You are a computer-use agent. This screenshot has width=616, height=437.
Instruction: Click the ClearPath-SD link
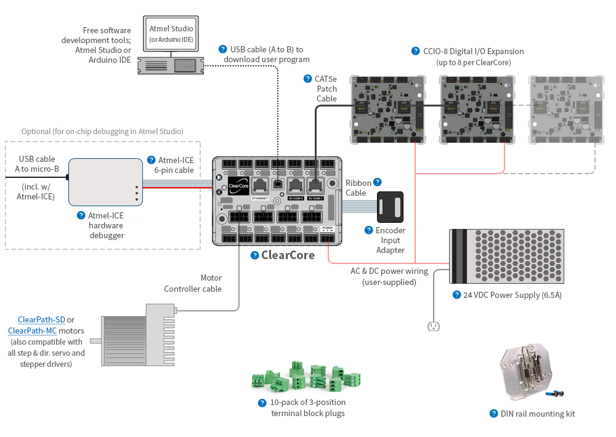(41, 319)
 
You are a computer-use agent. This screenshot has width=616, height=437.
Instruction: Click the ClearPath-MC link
(33, 331)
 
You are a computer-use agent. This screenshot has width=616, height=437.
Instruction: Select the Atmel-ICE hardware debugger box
(105, 182)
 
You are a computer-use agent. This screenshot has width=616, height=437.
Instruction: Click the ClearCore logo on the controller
(237, 186)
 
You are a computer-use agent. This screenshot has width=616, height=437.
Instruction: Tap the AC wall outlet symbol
(433, 326)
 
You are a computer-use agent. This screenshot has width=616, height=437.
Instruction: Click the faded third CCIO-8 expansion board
(565, 110)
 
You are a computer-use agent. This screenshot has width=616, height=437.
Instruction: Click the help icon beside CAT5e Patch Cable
(308, 79)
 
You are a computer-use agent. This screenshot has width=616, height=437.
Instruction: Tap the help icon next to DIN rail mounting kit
(493, 414)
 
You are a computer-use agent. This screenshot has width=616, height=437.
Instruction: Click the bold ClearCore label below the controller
(288, 255)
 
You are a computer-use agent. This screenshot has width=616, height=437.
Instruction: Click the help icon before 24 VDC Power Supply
(456, 295)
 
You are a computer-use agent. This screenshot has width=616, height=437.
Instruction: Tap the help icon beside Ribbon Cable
(377, 182)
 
